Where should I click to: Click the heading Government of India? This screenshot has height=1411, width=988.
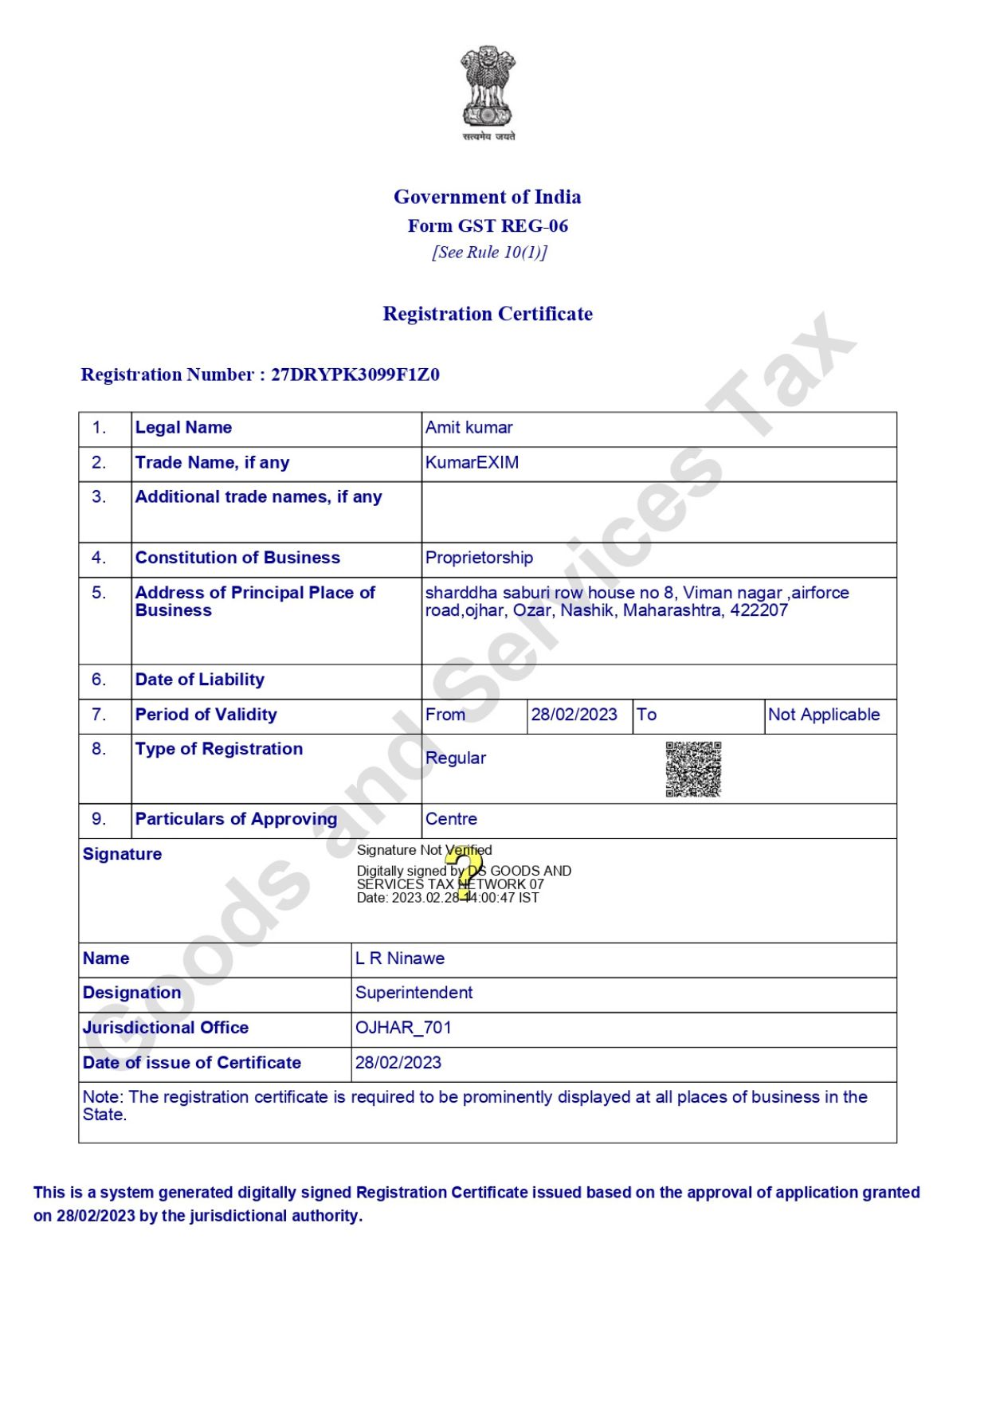[487, 197]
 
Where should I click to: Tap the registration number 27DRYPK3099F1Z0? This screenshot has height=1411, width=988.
[355, 374]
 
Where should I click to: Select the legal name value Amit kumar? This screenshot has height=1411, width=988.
[469, 428]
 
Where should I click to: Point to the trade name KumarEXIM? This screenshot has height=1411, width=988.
[472, 463]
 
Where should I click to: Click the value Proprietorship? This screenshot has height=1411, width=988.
[479, 558]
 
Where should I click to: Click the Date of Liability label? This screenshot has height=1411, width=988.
[199, 680]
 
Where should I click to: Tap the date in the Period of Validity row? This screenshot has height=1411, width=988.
[574, 715]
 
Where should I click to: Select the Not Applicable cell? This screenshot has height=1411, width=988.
[824, 715]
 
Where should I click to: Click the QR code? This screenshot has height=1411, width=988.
[693, 769]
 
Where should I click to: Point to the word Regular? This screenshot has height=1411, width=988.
[455, 758]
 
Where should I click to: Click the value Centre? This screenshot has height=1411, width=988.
[451, 819]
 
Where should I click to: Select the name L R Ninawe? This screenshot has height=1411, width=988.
[400, 958]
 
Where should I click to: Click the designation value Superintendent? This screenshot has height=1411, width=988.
[414, 993]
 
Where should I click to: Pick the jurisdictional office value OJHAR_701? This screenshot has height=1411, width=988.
[403, 1028]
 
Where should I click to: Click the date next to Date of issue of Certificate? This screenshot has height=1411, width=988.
[398, 1063]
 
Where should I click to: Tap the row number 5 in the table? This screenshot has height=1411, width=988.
[99, 593]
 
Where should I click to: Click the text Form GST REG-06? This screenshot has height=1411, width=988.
[488, 226]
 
